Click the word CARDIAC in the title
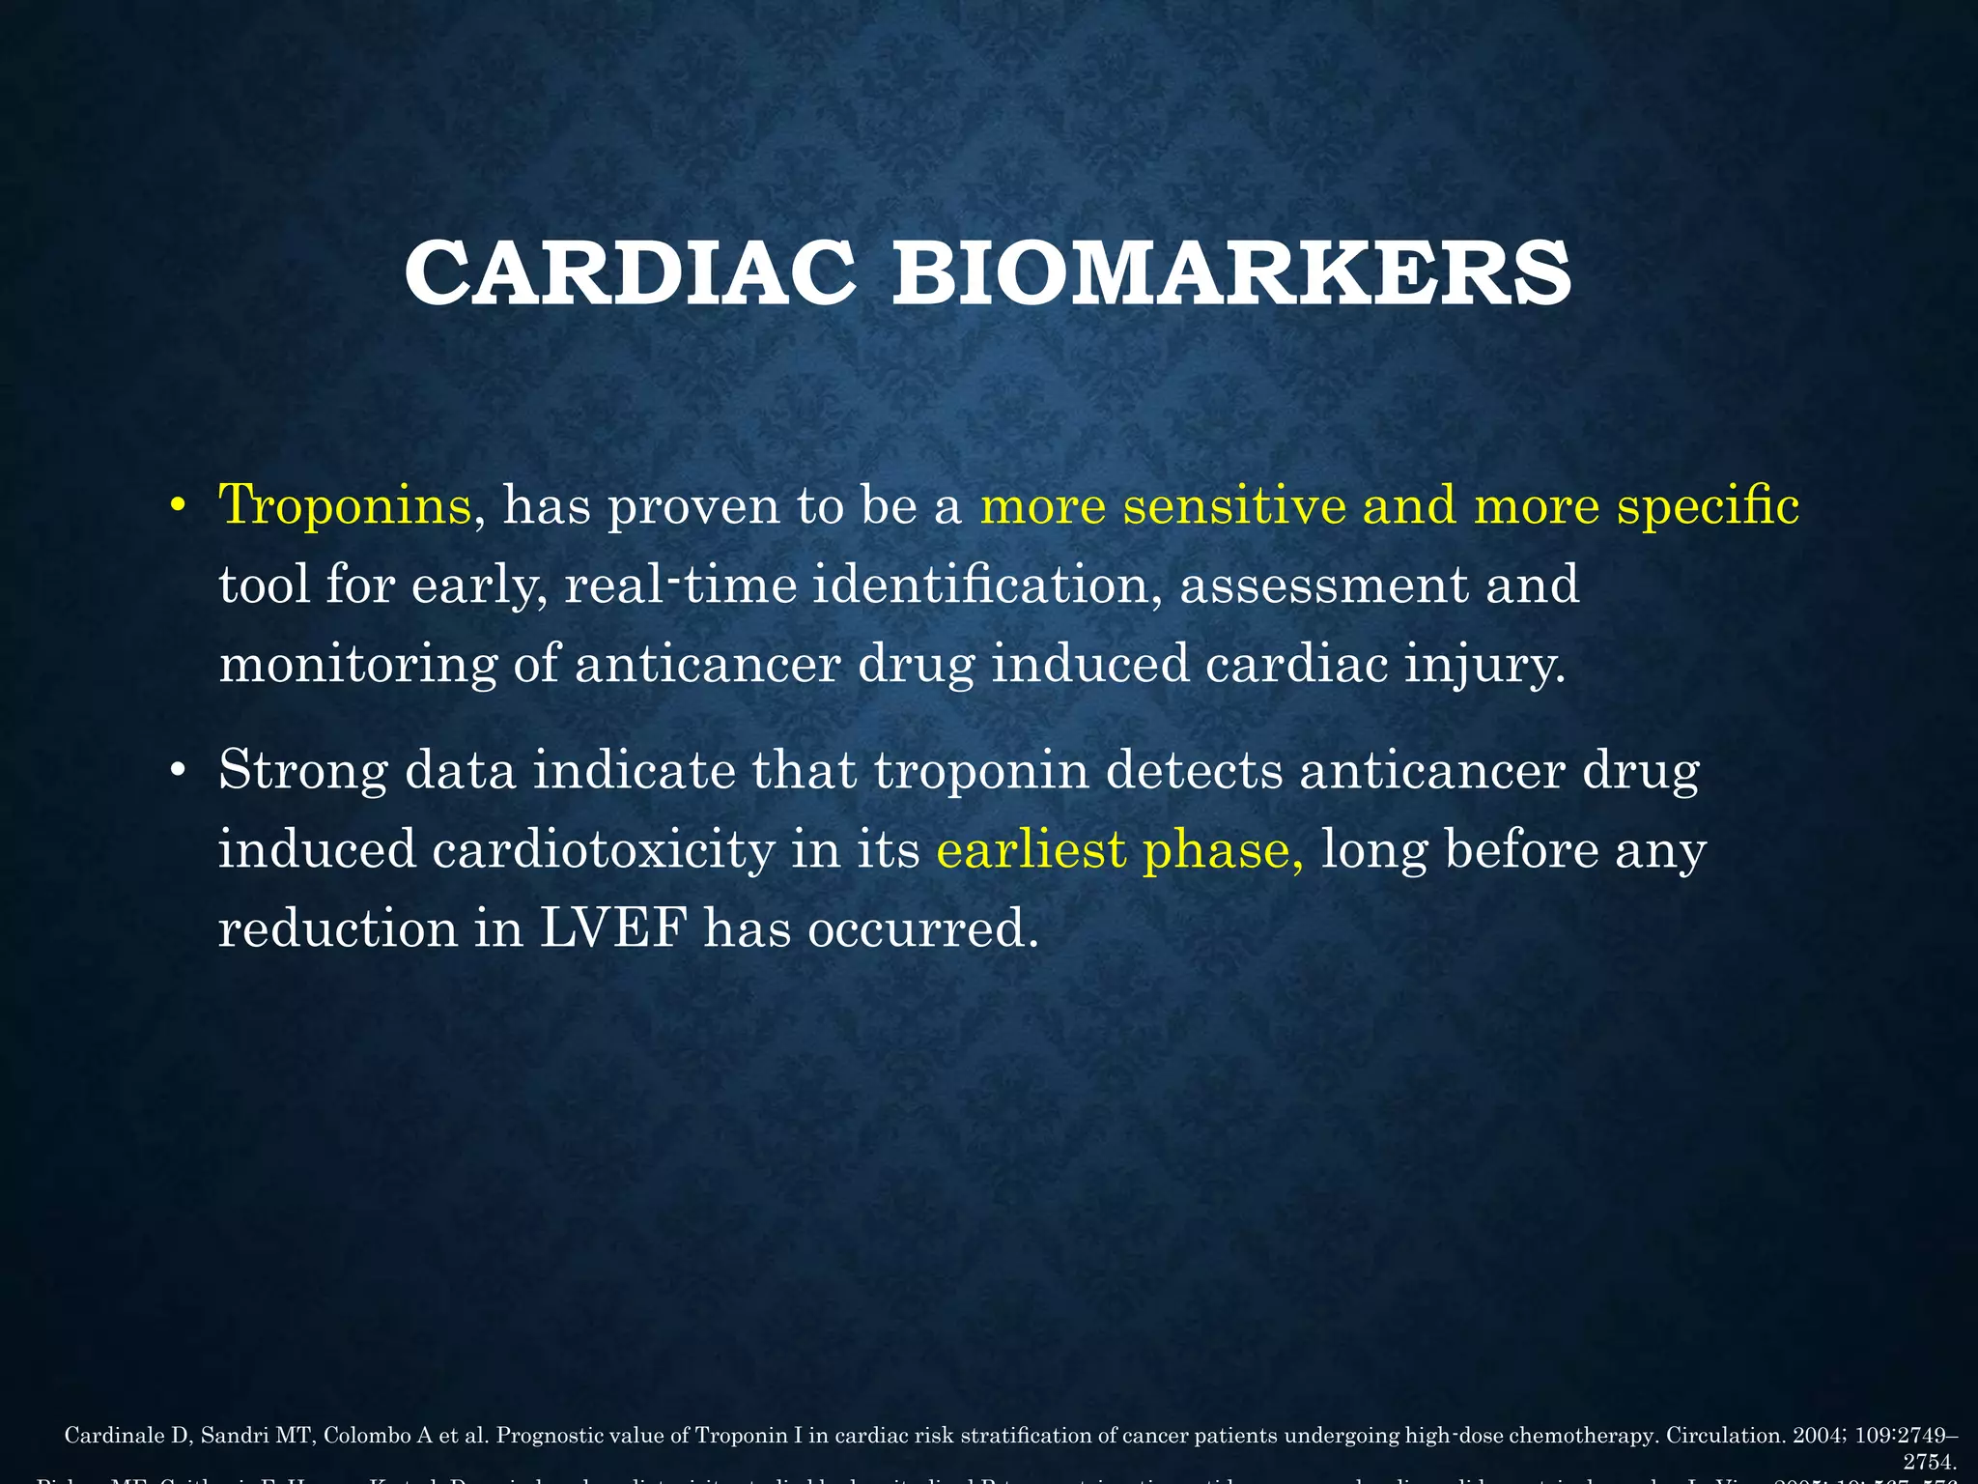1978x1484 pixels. [x=630, y=273]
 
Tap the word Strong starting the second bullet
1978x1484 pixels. [x=304, y=770]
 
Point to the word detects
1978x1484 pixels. [x=1194, y=770]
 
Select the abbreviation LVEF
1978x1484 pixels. [x=613, y=928]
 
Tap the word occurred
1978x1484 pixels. [x=922, y=928]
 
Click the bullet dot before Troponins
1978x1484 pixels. [x=176, y=506]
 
